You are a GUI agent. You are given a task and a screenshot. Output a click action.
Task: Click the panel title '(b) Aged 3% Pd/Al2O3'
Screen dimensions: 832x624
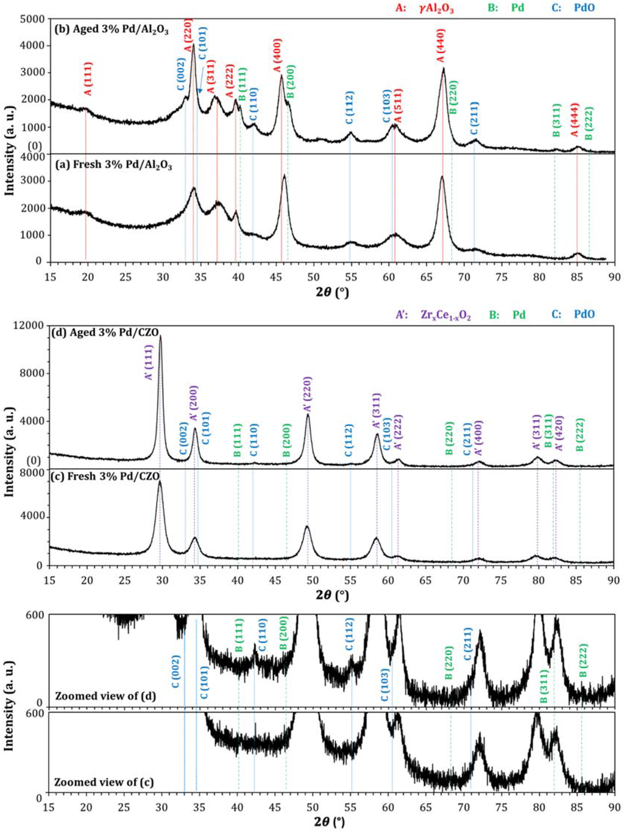[112, 29]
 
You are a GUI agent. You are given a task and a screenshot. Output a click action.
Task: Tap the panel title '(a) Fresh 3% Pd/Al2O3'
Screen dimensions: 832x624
[113, 165]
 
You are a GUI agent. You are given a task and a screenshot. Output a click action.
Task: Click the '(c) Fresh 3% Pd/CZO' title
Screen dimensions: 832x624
[107, 476]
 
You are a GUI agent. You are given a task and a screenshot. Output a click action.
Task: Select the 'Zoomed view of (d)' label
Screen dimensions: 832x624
[105, 695]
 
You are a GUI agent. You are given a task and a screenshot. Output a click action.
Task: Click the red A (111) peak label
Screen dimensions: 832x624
[88, 79]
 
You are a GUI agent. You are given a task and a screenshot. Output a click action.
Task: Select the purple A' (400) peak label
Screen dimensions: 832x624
[478, 438]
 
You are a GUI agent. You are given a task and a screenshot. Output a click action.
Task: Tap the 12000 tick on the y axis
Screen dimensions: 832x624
[29, 325]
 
